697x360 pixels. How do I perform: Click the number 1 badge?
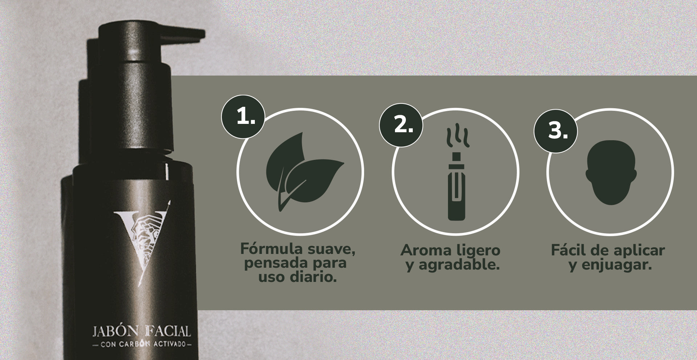coord(243,117)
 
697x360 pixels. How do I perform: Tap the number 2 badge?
coord(401,125)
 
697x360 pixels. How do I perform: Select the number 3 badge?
coord(556,131)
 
